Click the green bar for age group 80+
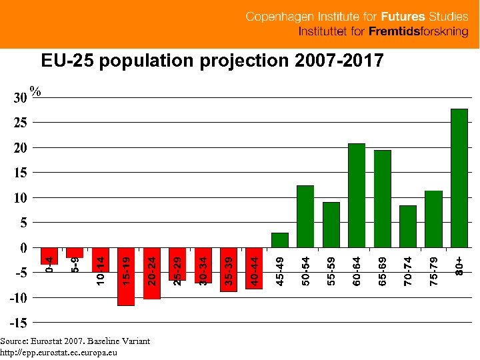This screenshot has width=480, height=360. (459, 178)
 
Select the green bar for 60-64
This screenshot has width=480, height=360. (357, 195)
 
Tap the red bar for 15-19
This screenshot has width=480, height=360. (125, 277)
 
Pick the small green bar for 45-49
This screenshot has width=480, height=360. (280, 240)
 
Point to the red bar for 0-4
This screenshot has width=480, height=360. (49, 256)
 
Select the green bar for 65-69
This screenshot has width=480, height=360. (383, 199)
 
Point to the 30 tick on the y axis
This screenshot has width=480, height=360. (20, 98)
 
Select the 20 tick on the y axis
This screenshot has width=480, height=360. (20, 148)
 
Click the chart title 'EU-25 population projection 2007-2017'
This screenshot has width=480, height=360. (212, 61)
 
